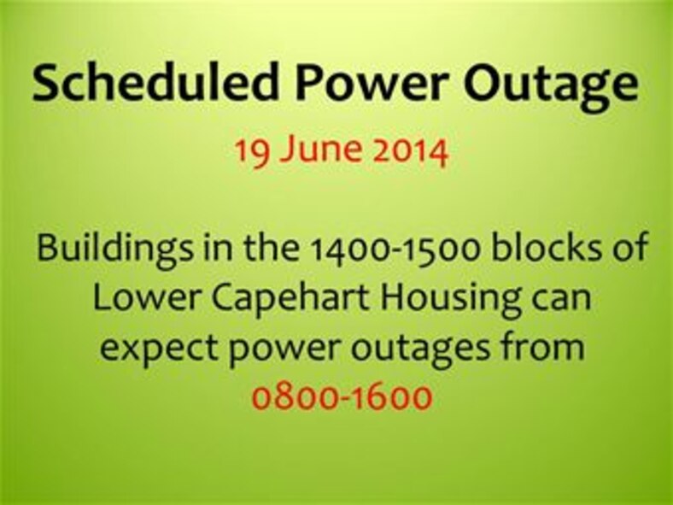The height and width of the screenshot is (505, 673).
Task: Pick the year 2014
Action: (413, 151)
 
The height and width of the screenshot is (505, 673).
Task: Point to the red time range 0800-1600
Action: (342, 397)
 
